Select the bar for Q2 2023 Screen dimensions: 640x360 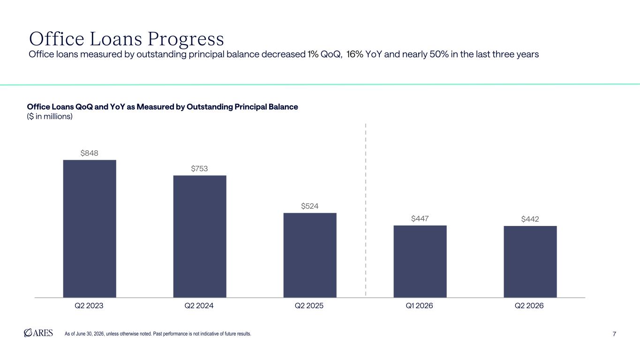coord(90,229)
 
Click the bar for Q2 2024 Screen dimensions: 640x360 coord(200,236)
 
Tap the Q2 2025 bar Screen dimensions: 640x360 coord(310,255)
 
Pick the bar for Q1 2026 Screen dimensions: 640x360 coord(420,262)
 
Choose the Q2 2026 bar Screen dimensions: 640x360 coord(530,262)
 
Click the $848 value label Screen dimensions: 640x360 coord(90,153)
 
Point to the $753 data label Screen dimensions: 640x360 coord(199,169)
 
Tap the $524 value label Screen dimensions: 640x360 coord(310,206)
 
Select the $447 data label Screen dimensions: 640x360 coord(420,218)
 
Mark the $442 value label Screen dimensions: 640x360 coord(530,219)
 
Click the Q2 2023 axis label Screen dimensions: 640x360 coord(89,306)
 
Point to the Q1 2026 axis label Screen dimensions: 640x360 coord(419,306)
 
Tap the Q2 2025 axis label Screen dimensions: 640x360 coord(309,306)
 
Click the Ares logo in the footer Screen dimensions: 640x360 coord(38,333)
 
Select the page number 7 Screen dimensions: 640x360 coord(614,334)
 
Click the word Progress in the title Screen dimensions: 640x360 coord(186,39)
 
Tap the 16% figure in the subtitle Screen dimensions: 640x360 coord(354,54)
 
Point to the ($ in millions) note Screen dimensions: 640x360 coord(50,117)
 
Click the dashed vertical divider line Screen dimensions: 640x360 coord(366,210)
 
